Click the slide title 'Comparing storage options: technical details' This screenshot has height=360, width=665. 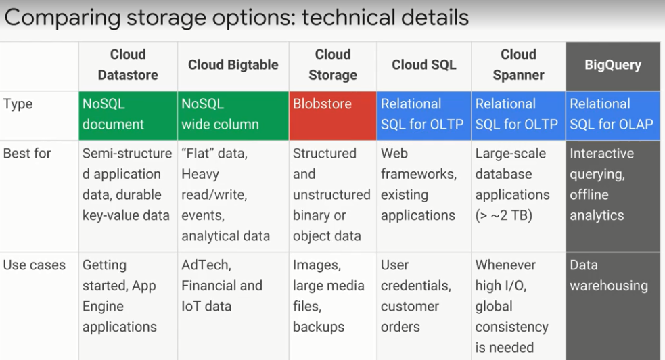coord(236,18)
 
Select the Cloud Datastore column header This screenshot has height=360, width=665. coord(128,65)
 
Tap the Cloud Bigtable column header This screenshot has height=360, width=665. coord(233,65)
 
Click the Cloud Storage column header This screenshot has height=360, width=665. coord(333,65)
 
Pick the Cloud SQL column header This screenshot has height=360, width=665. coord(424,65)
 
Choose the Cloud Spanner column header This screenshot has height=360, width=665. coord(518,65)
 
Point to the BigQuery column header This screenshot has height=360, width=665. coord(613,65)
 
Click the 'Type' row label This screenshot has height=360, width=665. coord(18,104)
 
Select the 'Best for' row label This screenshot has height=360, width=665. coord(27,153)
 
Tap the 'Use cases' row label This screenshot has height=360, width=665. coord(35,265)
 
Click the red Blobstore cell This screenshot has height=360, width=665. coord(333,116)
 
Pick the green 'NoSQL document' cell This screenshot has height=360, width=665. coord(128,116)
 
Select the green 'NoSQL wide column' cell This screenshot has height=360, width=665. coord(233,116)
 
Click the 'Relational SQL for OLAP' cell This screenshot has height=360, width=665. coord(613,116)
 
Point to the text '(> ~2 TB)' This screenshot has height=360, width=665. coord(504,215)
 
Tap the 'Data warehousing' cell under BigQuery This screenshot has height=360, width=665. coord(609,275)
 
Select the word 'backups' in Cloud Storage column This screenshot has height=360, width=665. coord(319,327)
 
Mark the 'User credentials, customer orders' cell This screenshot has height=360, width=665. coord(415,296)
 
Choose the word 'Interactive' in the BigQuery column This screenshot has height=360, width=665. coord(602,153)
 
